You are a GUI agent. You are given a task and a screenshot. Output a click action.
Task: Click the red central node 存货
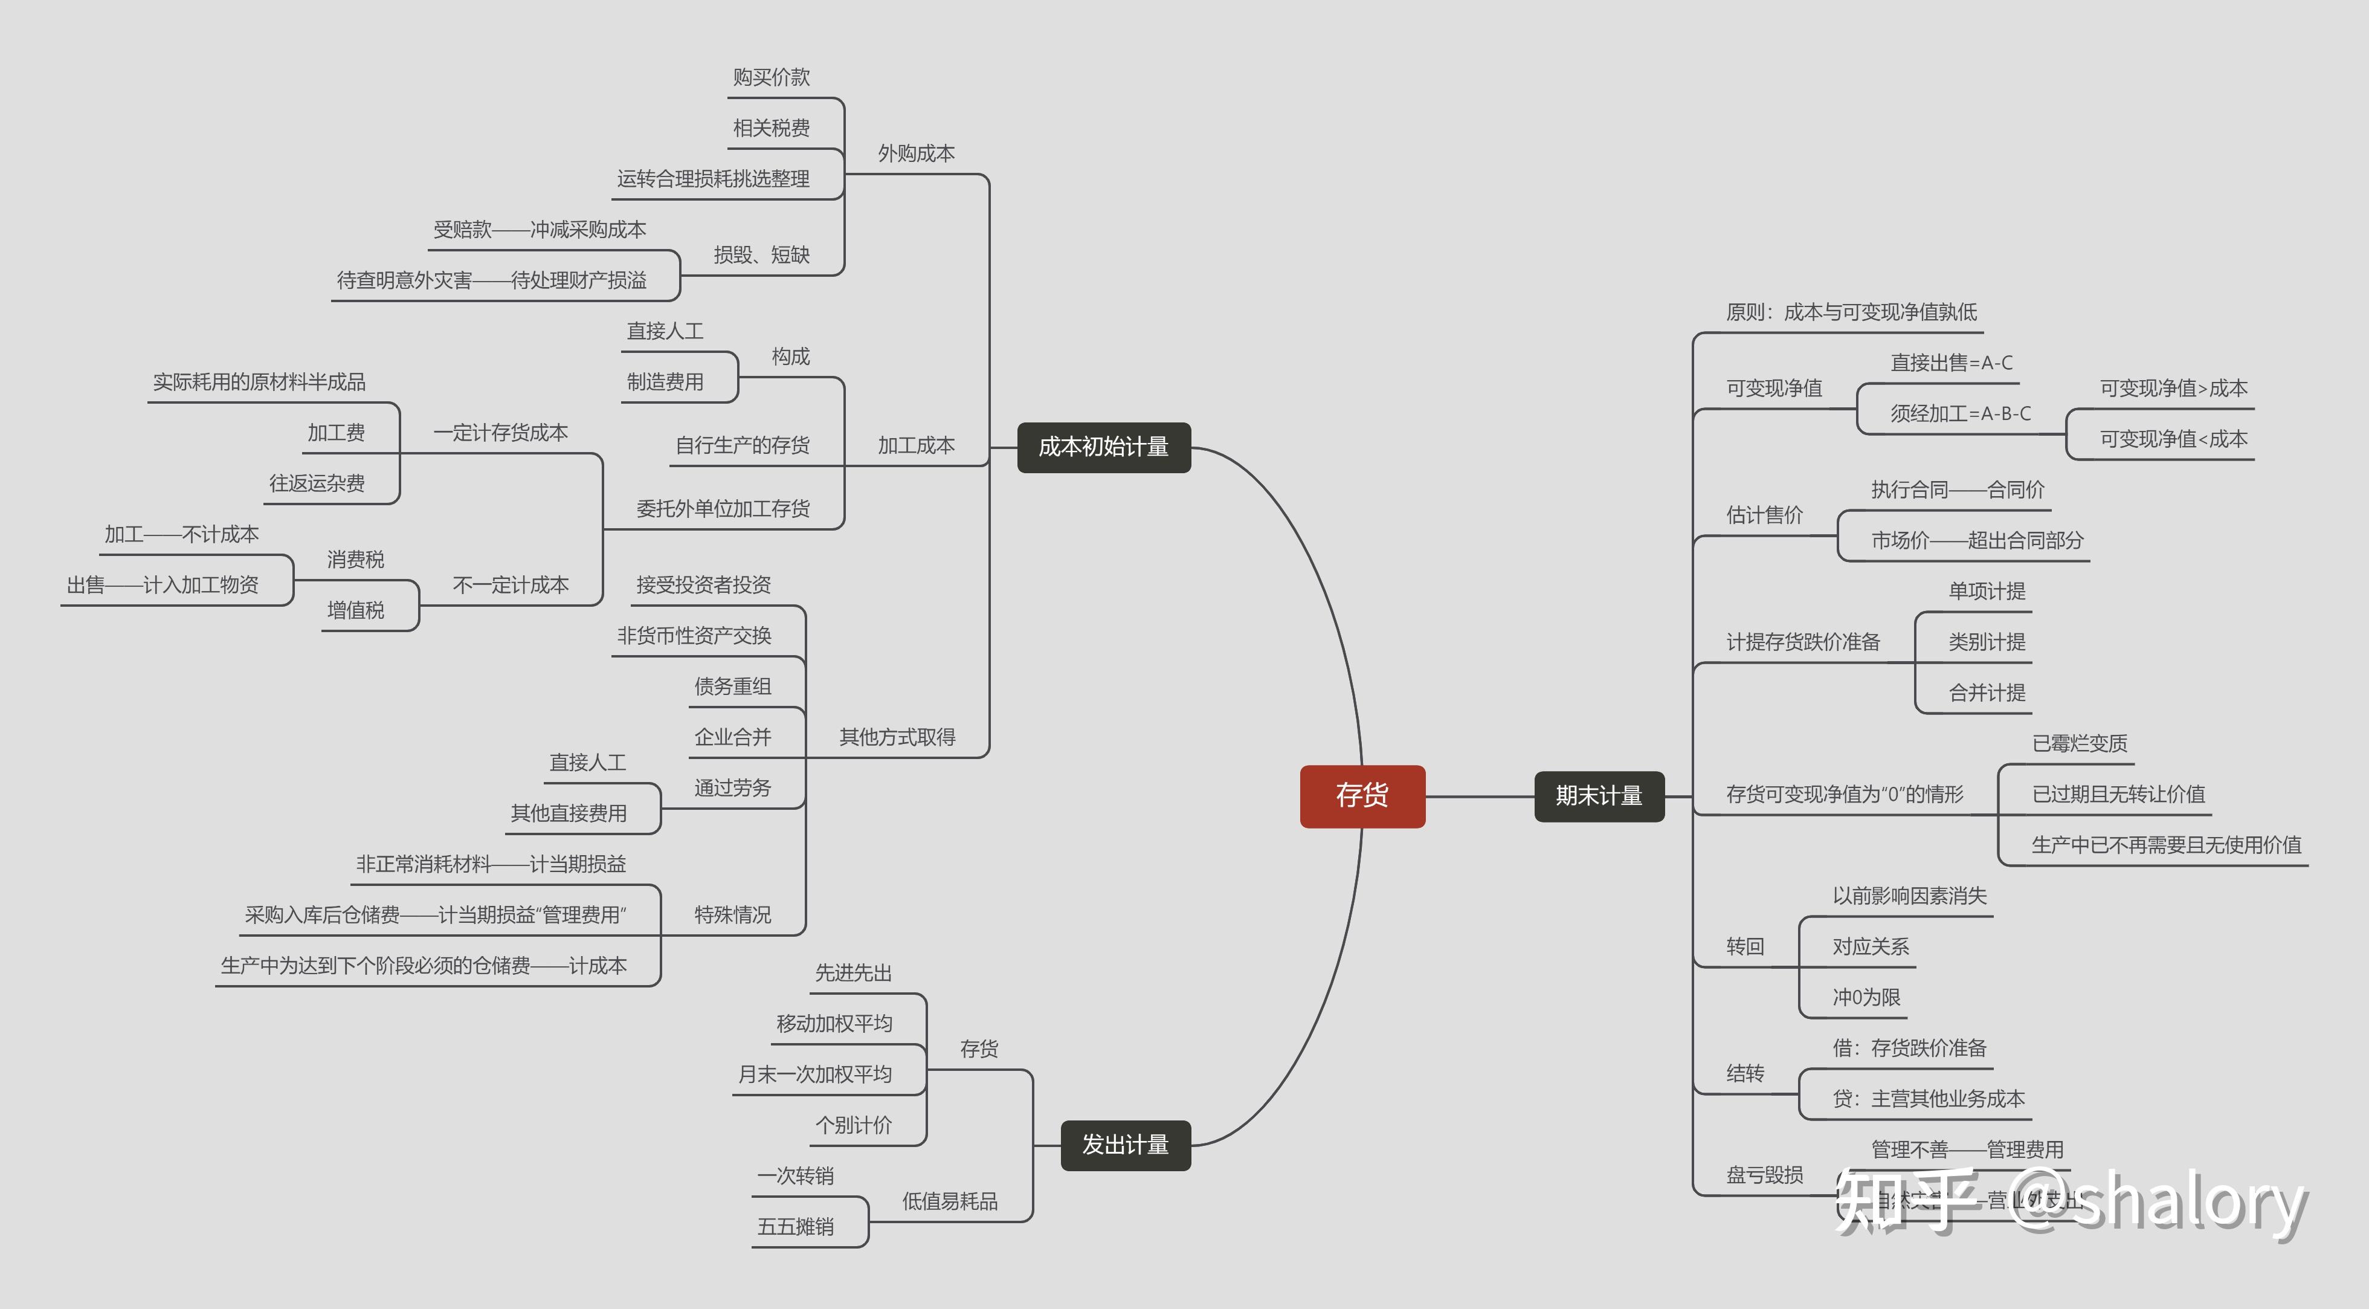[1362, 796]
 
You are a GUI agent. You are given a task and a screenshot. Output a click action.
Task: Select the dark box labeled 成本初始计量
[1104, 447]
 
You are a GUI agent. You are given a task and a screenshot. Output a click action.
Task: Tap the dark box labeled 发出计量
[1125, 1145]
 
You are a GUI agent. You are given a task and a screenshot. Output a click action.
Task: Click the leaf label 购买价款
[771, 77]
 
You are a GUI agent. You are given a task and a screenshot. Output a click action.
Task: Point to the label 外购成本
[916, 154]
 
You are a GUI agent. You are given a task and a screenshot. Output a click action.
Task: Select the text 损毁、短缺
[761, 255]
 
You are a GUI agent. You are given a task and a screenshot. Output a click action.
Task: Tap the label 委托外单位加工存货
[723, 509]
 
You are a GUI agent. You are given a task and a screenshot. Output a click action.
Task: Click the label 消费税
[355, 559]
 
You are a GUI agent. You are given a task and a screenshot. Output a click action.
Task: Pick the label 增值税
[355, 610]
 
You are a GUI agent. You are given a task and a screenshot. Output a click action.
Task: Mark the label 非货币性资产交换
[694, 636]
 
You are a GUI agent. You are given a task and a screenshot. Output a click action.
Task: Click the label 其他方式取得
[897, 737]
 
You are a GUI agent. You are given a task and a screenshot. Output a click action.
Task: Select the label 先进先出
[853, 973]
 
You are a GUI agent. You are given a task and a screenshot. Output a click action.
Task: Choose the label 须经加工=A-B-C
[1960, 414]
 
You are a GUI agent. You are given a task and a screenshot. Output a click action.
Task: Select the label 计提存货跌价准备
[1802, 642]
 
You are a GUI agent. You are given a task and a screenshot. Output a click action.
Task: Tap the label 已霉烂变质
[2080, 743]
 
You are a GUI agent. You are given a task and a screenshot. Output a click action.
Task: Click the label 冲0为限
[1866, 997]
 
